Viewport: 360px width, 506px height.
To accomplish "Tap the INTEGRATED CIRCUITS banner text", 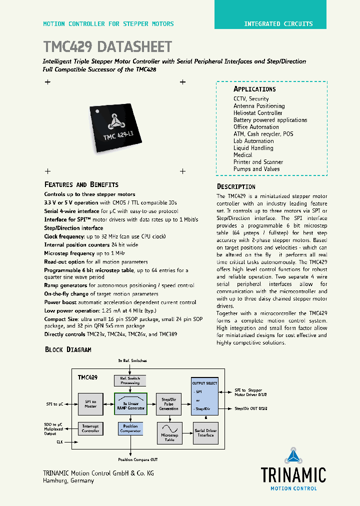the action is coord(278,24).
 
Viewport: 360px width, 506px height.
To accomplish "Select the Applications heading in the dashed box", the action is coord(254,89).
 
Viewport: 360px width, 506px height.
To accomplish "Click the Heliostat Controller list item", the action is coord(258,113).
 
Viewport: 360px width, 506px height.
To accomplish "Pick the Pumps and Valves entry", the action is coord(256,169).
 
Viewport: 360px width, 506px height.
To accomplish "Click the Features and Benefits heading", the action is coord(81,184).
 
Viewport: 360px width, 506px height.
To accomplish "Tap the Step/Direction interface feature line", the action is coord(73,228).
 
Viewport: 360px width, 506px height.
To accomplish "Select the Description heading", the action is coord(236,187).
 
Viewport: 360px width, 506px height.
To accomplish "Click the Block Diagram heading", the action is coord(68,349).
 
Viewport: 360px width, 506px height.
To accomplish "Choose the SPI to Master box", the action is coord(90,403).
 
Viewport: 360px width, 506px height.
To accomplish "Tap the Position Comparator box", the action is coord(130,428).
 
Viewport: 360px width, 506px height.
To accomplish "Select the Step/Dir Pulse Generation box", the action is coord(168,404).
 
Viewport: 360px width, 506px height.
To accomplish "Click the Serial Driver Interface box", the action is coord(205,433).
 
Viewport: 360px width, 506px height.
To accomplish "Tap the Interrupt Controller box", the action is coord(90,428).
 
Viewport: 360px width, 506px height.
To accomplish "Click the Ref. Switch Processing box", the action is coord(130,380).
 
